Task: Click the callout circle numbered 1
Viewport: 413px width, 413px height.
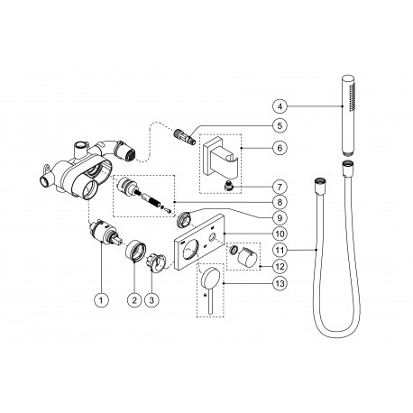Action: click(101, 299)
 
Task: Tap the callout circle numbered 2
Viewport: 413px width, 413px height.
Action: click(134, 299)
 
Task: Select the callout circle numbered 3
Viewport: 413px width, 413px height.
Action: click(151, 299)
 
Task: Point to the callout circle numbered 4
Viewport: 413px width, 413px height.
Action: click(280, 106)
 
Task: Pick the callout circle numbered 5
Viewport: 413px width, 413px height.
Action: click(280, 125)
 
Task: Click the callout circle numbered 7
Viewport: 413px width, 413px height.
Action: click(280, 187)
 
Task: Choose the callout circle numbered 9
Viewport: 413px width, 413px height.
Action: click(280, 217)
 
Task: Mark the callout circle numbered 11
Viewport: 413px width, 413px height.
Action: click(280, 250)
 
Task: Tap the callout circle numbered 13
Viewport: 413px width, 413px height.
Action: click(280, 283)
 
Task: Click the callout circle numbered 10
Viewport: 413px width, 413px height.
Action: click(280, 234)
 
